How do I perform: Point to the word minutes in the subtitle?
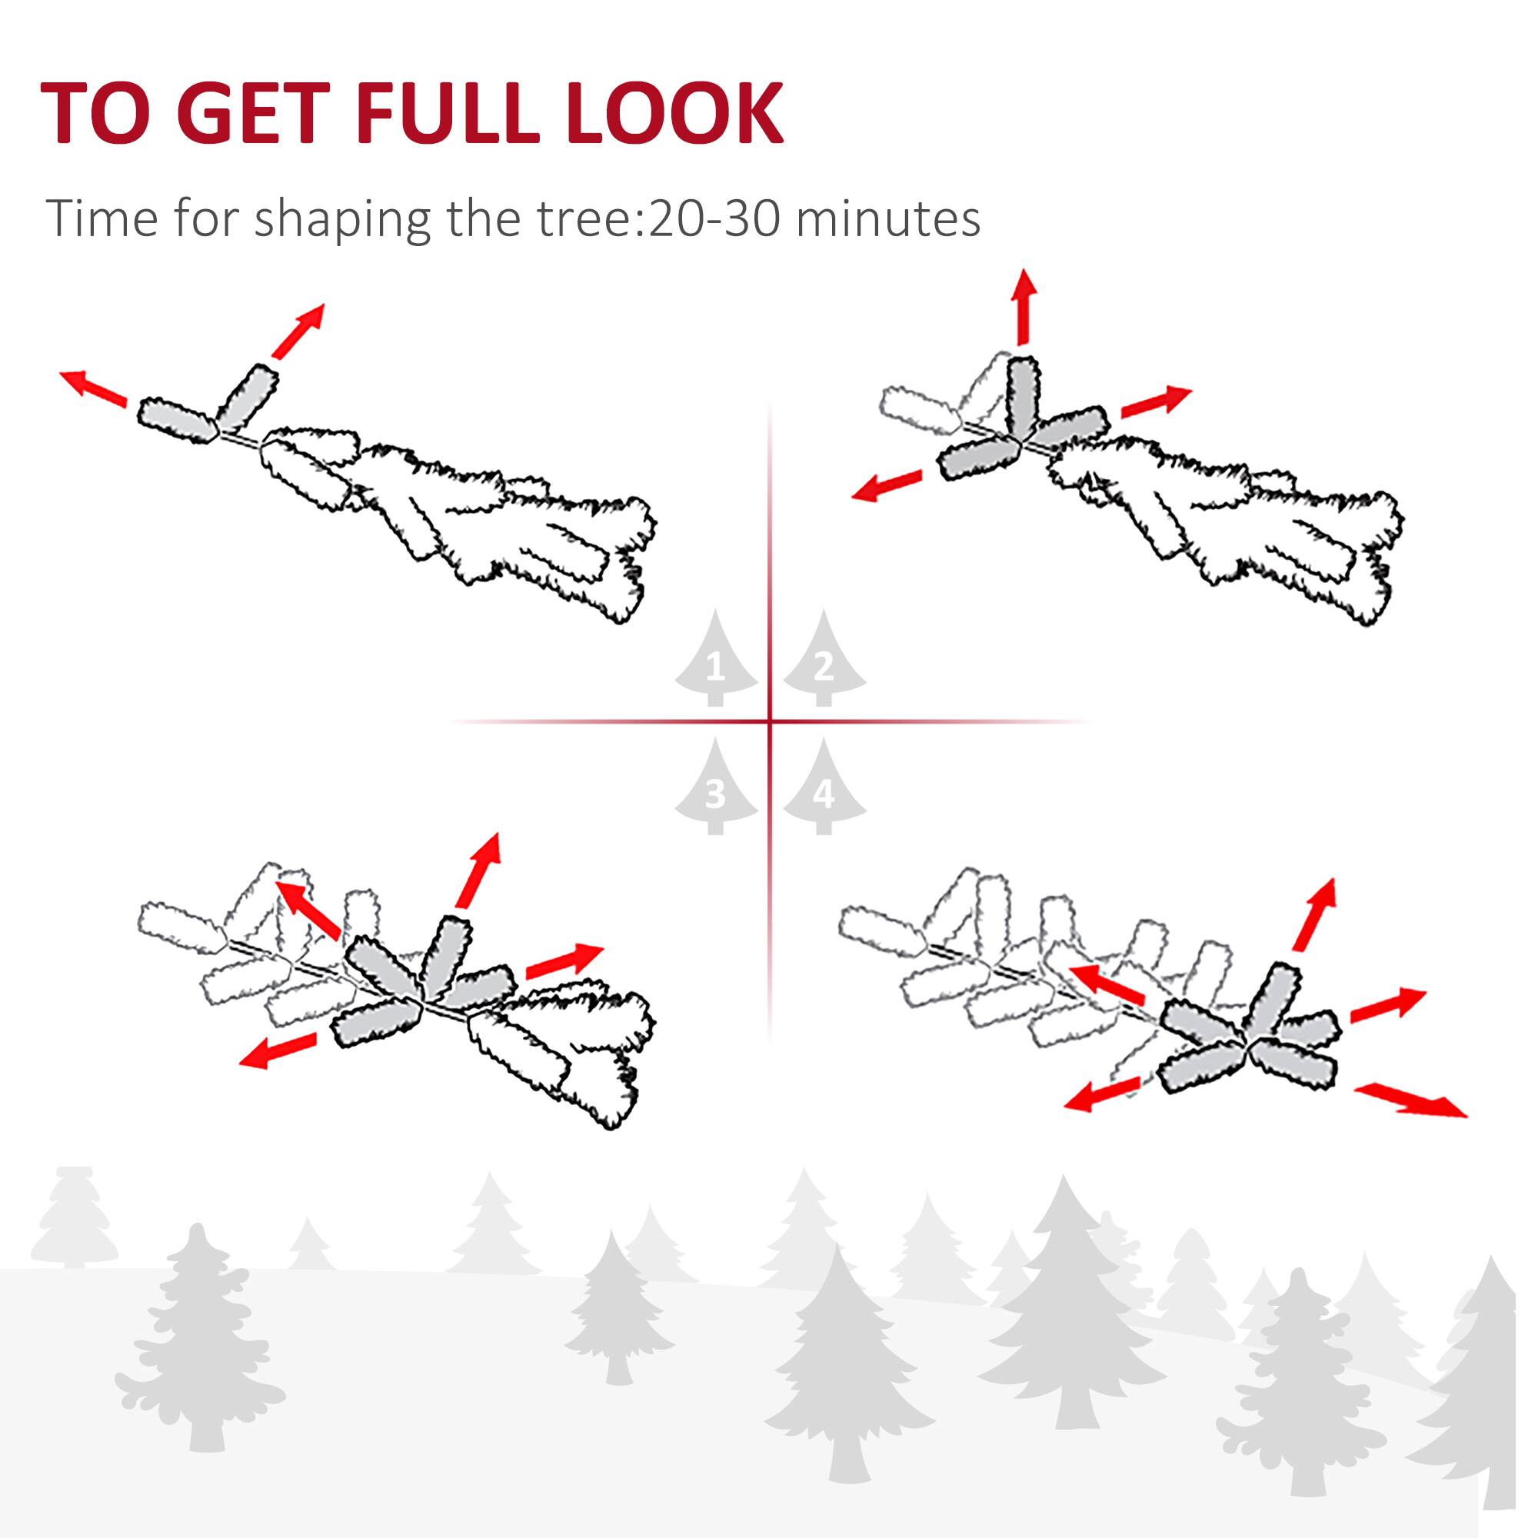tap(887, 219)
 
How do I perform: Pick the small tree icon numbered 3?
tap(716, 791)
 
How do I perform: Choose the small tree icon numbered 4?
tap(824, 791)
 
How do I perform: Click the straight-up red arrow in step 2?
tap(1024, 307)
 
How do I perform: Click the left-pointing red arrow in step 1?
tap(94, 388)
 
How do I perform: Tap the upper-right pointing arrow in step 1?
tap(298, 330)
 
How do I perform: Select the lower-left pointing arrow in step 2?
tap(886, 484)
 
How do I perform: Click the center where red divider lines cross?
tap(770, 721)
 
